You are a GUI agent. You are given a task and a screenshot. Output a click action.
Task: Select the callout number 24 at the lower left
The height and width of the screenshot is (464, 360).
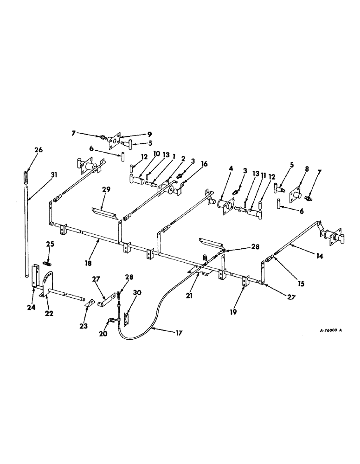point(32,307)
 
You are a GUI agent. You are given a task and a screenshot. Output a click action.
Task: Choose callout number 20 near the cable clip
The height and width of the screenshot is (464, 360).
point(103,334)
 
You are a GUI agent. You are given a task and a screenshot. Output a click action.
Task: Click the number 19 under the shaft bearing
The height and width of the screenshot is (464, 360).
point(233,312)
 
